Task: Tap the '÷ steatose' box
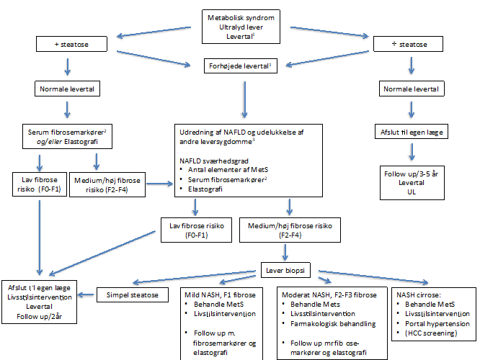point(412,45)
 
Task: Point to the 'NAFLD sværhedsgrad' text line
point(209,163)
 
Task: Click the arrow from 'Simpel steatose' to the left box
point(87,294)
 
